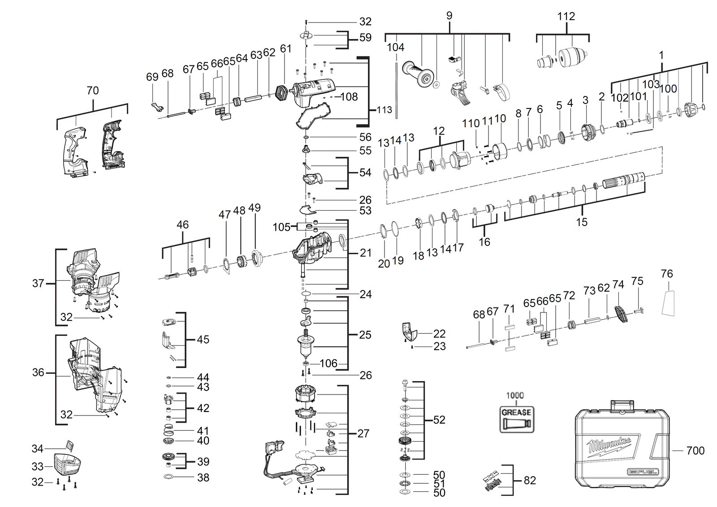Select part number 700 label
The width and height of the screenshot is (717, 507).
coord(695,451)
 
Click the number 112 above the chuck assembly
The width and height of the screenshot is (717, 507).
coord(566,16)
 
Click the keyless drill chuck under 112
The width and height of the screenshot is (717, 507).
coord(572,58)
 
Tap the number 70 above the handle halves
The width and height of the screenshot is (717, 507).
coord(92,91)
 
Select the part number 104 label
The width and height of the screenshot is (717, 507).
coord(395,48)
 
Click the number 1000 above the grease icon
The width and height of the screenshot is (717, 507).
coord(515,395)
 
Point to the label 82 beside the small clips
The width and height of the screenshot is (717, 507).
coord(529,481)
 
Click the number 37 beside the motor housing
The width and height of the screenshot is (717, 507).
coord(38,283)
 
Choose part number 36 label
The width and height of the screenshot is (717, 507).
coord(38,372)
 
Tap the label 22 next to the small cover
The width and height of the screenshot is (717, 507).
coord(439,334)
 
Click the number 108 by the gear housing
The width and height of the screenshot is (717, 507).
coord(349,97)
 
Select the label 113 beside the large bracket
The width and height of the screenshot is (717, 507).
coord(384,110)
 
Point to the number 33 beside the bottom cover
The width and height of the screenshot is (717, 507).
coord(38,466)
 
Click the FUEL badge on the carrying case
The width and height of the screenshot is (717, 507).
coord(643,472)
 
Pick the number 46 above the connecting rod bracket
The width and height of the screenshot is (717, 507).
coord(182,225)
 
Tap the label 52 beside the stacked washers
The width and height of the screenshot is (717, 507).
coord(439,420)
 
